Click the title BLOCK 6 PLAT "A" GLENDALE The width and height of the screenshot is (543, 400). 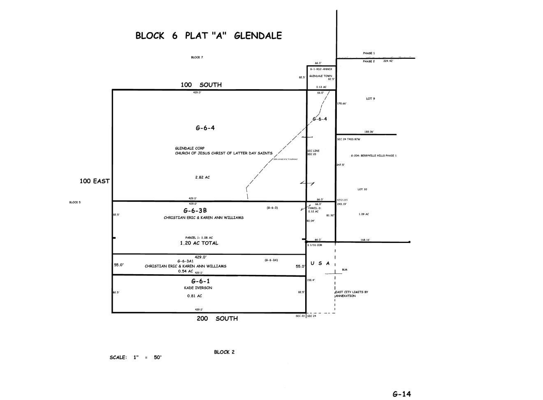pos(209,36)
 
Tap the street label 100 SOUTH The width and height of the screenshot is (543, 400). pos(201,85)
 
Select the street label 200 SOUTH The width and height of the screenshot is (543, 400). pos(217,319)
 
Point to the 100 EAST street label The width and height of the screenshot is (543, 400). pos(95,181)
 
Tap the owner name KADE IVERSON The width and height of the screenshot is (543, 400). pos(198,288)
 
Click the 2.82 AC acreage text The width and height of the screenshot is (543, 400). pos(202,177)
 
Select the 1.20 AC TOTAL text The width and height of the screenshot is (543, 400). pos(199,243)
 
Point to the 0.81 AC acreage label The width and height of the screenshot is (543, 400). pos(195,296)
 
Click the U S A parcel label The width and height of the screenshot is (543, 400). pos(320,263)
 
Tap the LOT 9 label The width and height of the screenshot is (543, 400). pos(370,99)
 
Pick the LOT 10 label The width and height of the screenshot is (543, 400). pos(362,190)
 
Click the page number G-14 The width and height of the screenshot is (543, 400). pos(401,394)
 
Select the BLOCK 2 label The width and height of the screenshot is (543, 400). pos(224,352)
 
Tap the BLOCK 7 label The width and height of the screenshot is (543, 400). pos(197,58)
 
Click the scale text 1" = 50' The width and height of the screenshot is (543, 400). pos(147,358)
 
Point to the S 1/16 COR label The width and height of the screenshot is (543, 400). pos(315,245)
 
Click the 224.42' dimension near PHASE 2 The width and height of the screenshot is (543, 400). pos(388,61)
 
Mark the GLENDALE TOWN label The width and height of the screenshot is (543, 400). pos(320,76)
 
